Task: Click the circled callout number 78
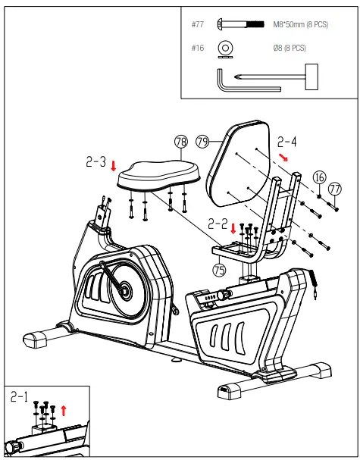[180, 142]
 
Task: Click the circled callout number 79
[202, 141]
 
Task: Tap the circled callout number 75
[220, 268]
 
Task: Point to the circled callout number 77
[334, 189]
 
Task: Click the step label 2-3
[95, 162]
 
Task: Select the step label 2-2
[218, 224]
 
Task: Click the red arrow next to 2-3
[114, 165]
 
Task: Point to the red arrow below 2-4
[284, 157]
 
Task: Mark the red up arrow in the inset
[64, 410]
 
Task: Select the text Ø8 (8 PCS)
[290, 48]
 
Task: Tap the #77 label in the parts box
[199, 24]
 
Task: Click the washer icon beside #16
[225, 48]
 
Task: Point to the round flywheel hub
[124, 289]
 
